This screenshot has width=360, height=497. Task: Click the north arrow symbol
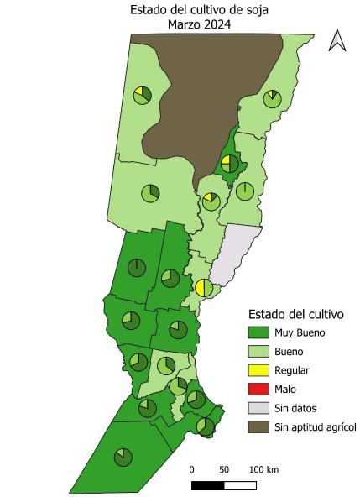click(x=337, y=39)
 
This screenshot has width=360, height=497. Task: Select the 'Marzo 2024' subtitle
click(x=199, y=25)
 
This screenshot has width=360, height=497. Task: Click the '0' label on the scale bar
click(x=191, y=469)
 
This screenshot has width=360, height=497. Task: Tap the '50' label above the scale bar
click(x=224, y=469)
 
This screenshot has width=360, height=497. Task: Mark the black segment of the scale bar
click(x=207, y=485)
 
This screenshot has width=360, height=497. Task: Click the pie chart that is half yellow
click(x=204, y=288)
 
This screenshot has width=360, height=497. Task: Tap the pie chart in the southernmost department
click(x=123, y=456)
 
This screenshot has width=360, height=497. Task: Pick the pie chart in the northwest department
click(x=143, y=94)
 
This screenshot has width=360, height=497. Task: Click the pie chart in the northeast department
click(x=272, y=99)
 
